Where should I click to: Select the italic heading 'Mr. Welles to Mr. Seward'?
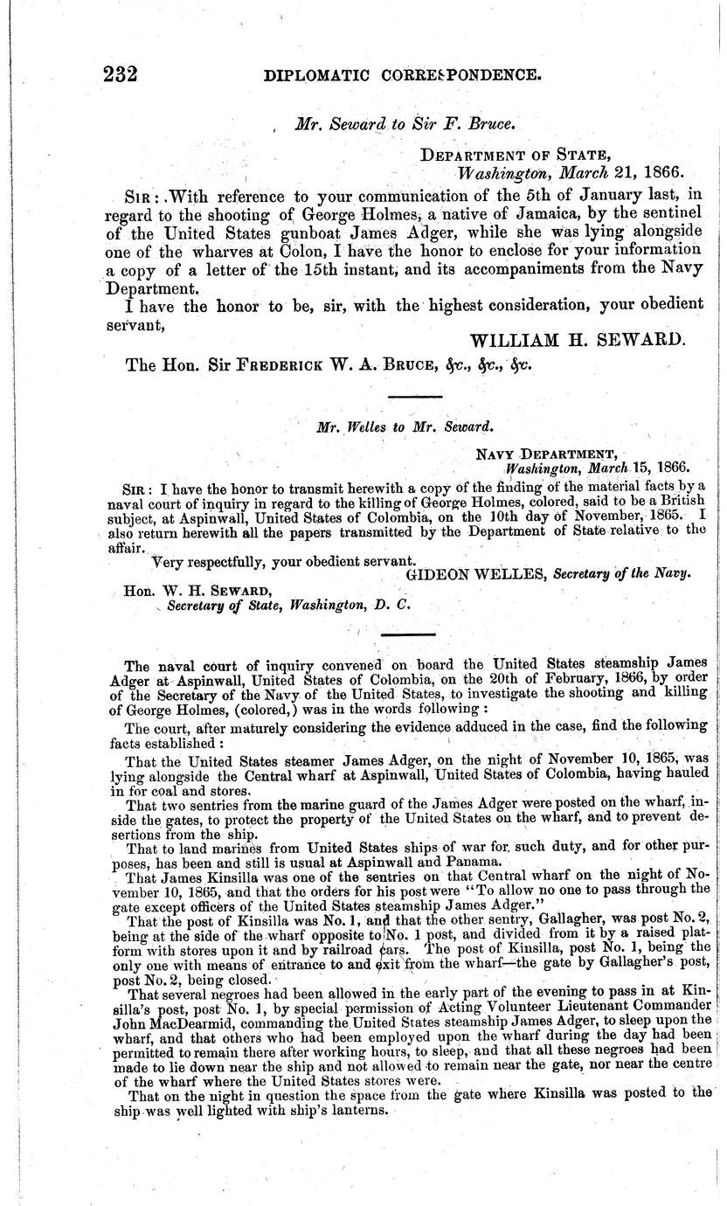pos(400,427)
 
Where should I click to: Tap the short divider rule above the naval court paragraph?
pos(410,634)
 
